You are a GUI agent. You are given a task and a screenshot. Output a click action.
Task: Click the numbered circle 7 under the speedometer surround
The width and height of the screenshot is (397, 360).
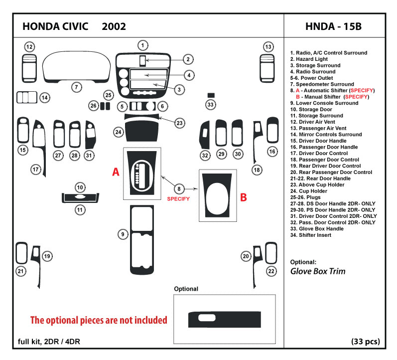click(x=76, y=87)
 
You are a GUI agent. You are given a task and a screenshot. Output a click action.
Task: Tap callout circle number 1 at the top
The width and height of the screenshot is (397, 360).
click(x=142, y=45)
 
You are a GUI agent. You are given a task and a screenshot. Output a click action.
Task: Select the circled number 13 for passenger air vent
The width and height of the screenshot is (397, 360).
click(x=268, y=47)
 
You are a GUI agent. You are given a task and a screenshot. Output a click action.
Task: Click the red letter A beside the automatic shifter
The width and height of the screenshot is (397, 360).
click(x=115, y=172)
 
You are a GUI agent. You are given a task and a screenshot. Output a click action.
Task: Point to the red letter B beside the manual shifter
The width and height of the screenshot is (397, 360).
click(x=244, y=197)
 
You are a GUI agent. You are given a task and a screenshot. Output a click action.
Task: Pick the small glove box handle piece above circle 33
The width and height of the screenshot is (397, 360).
click(x=211, y=95)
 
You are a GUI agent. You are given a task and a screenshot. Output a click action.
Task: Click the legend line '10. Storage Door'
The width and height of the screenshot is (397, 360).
click(x=311, y=109)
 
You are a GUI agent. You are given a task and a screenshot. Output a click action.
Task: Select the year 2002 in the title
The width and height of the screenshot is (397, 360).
click(x=114, y=26)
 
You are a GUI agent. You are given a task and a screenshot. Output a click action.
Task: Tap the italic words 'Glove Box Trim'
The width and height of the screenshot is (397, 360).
click(x=318, y=272)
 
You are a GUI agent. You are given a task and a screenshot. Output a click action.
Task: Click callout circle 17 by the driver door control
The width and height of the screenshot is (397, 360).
click(x=36, y=170)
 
